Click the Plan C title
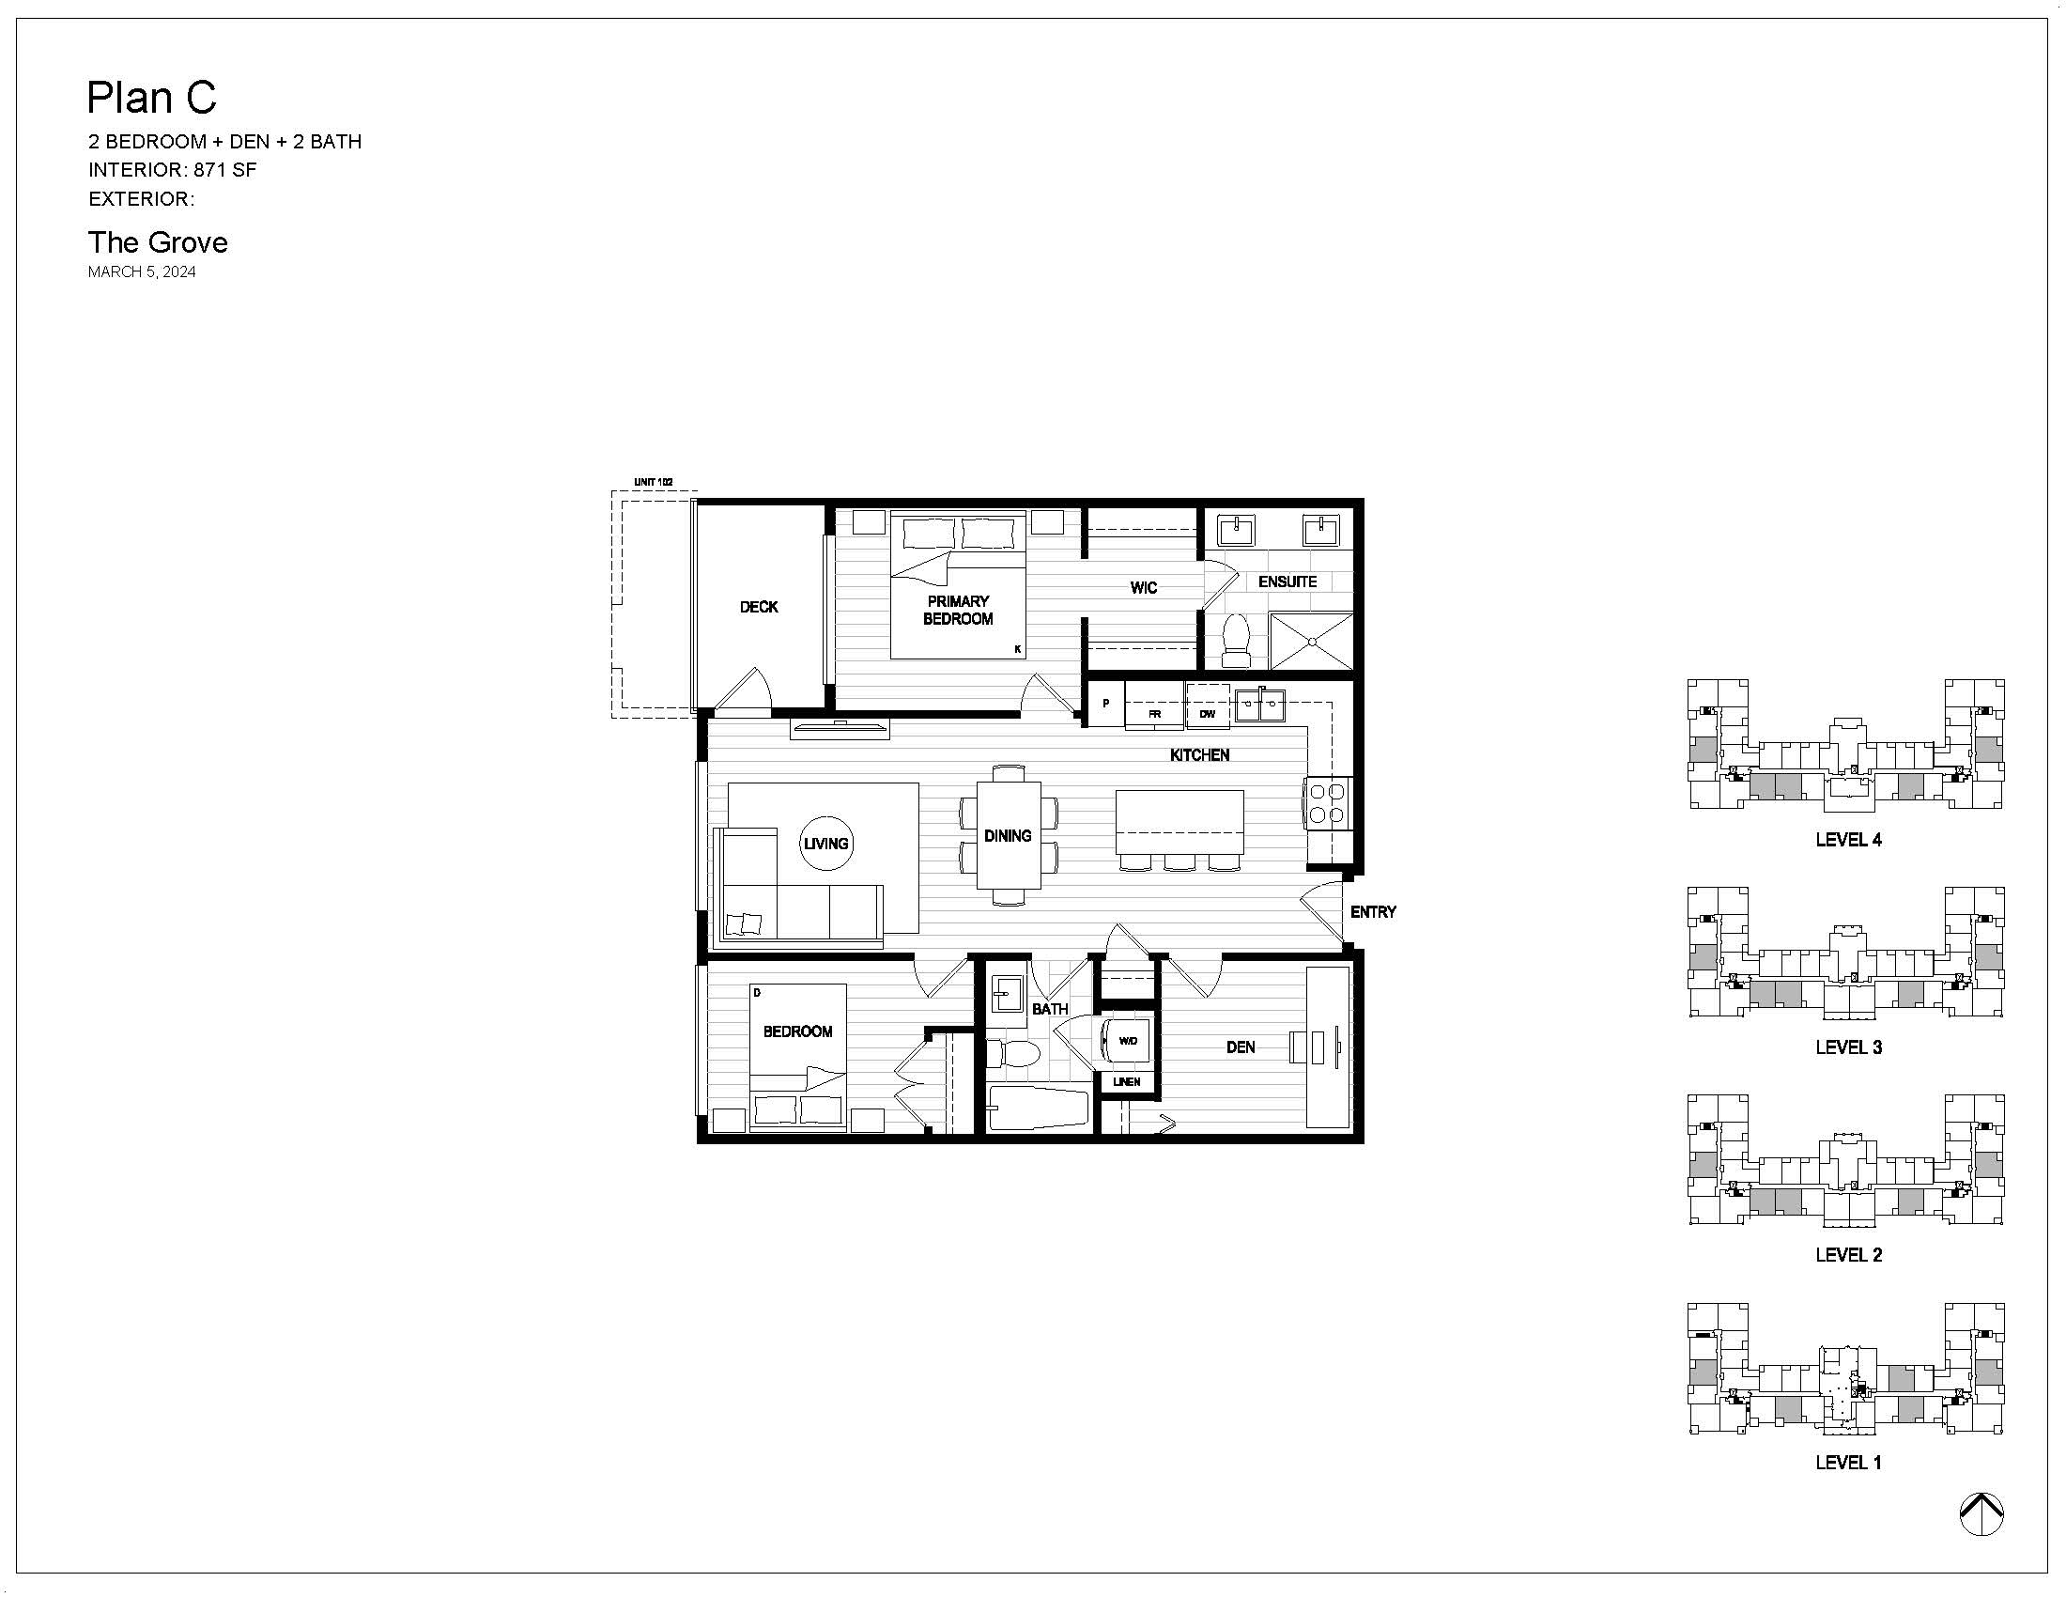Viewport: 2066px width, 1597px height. [151, 98]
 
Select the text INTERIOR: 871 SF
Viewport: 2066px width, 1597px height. [172, 170]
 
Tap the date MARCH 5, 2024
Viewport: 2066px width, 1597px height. [142, 271]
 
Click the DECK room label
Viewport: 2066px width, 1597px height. [759, 607]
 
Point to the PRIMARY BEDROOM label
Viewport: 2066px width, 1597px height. [958, 611]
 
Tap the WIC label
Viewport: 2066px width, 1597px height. [1144, 587]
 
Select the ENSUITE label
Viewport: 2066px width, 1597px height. [1287, 581]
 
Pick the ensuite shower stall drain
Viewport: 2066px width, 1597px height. [1312, 642]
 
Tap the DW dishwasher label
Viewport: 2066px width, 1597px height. [1207, 714]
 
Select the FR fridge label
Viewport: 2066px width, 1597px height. [1154, 714]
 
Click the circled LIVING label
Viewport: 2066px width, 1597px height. [825, 843]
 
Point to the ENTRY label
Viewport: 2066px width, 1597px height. [1373, 912]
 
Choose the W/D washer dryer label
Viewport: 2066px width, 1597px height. [1128, 1041]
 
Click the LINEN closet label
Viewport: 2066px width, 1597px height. [1127, 1081]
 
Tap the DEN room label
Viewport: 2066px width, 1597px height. [1241, 1047]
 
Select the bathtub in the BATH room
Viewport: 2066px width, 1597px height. [1039, 1109]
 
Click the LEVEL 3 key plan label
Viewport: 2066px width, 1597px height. [1848, 1047]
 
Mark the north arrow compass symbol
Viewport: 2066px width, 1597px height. [1981, 1514]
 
